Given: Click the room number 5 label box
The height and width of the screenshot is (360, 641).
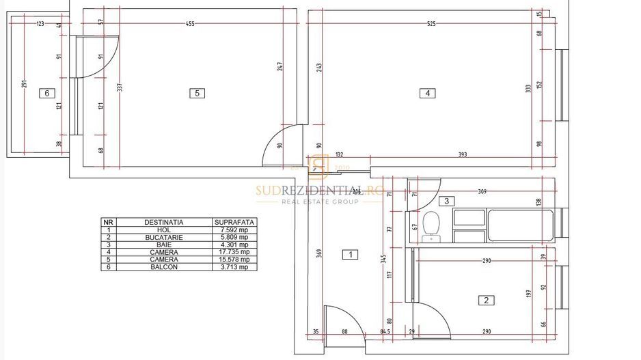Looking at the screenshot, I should coord(197,94).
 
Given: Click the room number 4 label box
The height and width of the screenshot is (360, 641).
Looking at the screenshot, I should coord(427,94).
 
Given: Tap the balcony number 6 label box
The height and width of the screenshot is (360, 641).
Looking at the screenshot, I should coord(46,94).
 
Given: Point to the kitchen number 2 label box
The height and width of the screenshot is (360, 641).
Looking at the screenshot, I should coord(486,300).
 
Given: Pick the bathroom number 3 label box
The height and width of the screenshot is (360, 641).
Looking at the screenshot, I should coord(446,201).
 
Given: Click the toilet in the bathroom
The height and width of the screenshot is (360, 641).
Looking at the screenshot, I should coord(431,226).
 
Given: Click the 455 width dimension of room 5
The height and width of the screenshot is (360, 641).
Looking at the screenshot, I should coord(190,24).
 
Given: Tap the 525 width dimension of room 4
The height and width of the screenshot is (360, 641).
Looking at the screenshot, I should coord(431,24).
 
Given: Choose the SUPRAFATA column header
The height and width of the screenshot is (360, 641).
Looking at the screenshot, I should coord(234,222).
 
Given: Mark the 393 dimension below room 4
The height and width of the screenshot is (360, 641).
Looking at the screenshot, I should coord(463,154).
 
